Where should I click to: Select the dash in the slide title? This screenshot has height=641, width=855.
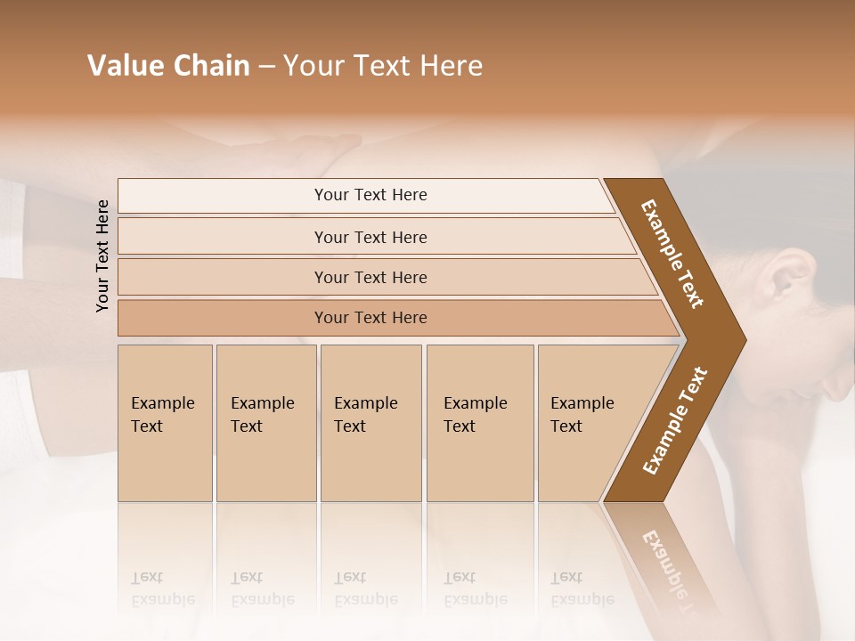pos(266,67)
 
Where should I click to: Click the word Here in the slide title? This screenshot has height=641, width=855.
pos(451,66)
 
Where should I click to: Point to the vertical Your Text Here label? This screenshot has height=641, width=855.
pos(102,256)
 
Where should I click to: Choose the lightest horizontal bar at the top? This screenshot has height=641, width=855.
pos(370,195)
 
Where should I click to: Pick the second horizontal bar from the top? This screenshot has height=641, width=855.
pos(370,237)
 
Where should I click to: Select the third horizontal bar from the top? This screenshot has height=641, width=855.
pos(370,277)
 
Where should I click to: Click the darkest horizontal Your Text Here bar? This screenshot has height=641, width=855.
pos(370,318)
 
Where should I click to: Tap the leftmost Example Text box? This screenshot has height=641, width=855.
pos(165,423)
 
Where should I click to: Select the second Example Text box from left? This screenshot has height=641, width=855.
pos(265,423)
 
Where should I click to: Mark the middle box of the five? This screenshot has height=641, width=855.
pos(370,423)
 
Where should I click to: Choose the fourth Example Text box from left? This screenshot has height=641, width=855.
pos(480,423)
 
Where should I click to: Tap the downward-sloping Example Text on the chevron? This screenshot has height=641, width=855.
pos(672,254)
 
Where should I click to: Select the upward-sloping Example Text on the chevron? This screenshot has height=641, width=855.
pos(674,420)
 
